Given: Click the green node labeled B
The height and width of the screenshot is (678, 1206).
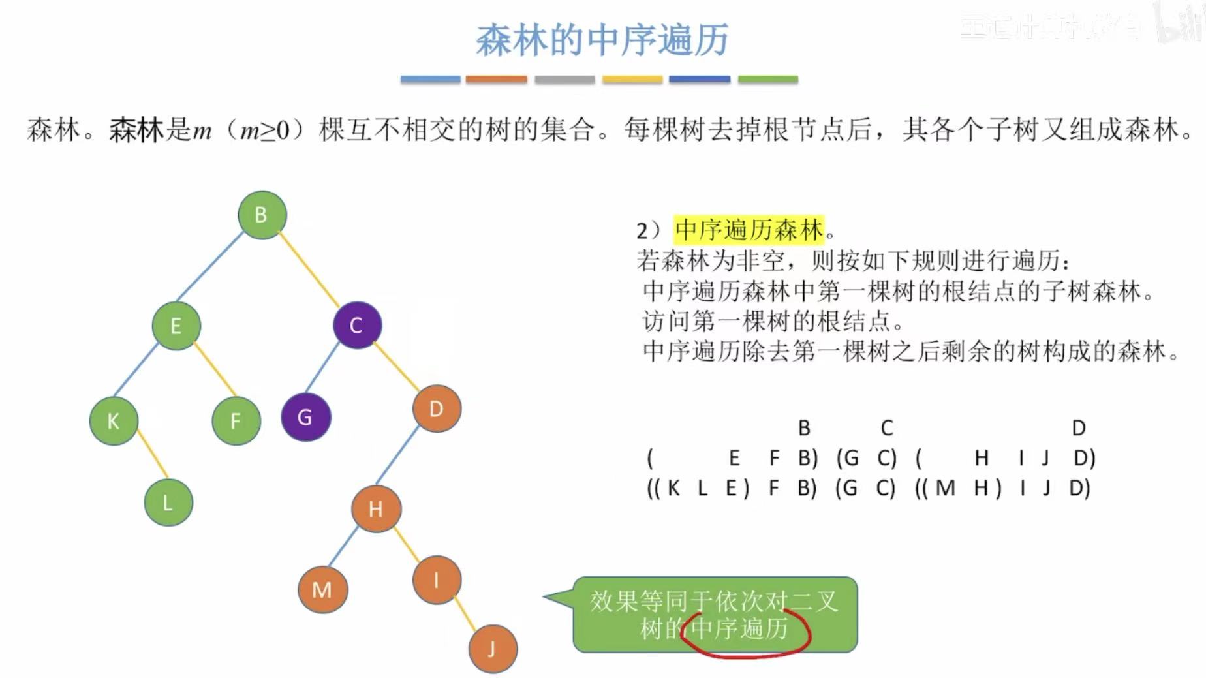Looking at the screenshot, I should click(x=262, y=215).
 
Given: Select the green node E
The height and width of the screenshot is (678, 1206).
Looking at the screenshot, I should click(x=176, y=326).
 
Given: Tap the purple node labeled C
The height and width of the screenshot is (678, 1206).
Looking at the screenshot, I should click(x=357, y=325).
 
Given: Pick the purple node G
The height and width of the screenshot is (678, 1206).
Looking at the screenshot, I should click(x=305, y=417).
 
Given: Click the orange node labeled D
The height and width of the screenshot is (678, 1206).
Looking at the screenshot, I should click(x=437, y=409).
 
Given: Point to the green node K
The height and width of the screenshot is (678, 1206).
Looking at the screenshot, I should click(x=114, y=421).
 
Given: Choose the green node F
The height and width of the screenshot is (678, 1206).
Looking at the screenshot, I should click(x=236, y=421).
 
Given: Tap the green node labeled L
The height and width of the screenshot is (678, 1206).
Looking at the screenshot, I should click(x=168, y=502).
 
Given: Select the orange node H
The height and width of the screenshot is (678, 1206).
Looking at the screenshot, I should click(x=376, y=509).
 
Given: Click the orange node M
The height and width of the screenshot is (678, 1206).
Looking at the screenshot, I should click(x=322, y=590).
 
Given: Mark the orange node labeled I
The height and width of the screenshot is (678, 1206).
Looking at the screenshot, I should click(x=437, y=579).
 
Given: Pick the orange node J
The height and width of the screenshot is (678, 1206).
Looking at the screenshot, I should click(x=493, y=649).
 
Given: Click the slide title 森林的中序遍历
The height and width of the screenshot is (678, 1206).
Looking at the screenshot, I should click(x=602, y=40).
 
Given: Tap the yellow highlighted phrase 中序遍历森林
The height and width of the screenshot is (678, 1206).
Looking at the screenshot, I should click(x=749, y=230).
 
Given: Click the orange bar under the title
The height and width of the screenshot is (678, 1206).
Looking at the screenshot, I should click(x=496, y=80).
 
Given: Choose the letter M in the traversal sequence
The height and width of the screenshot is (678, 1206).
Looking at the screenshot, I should click(x=945, y=488).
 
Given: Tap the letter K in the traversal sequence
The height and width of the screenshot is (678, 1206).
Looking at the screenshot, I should click(x=673, y=488).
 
